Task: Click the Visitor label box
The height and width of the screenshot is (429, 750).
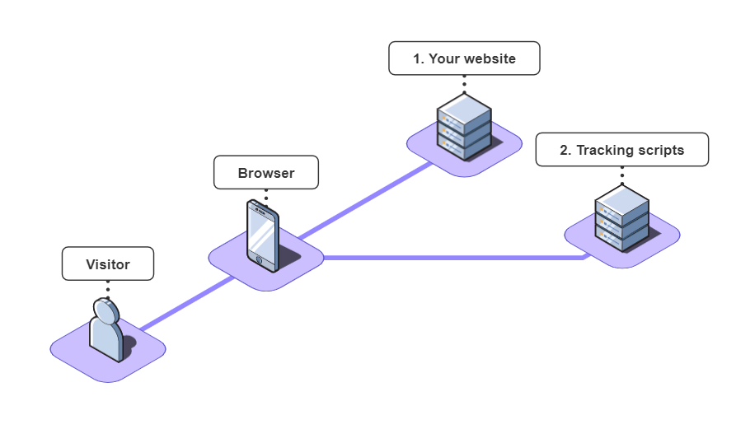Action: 108,264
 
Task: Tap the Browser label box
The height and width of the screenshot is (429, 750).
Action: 265,173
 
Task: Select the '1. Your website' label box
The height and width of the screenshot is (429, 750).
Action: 464,58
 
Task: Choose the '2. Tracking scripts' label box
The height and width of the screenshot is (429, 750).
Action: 621,150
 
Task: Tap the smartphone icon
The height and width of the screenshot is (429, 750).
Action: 263,235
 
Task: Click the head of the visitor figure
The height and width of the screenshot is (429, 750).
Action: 106,310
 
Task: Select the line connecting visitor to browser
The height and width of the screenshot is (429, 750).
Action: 185,305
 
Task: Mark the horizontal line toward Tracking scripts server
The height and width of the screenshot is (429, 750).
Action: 453,258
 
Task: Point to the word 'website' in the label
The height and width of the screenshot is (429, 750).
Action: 491,58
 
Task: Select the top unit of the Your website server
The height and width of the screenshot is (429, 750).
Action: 464,110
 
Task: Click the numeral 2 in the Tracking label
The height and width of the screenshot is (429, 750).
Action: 565,150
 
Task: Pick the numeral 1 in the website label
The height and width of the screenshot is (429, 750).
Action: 416,58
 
